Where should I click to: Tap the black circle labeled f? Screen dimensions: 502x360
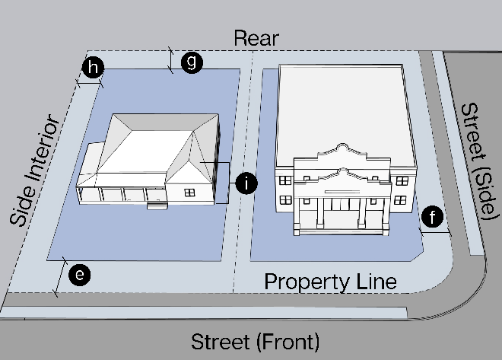pyautogui.click(x=433, y=218)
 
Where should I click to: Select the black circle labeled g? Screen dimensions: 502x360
pyautogui.click(x=192, y=62)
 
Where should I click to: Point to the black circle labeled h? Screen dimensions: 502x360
pyautogui.click(x=93, y=68)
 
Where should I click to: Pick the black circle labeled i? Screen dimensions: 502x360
pyautogui.click(x=246, y=183)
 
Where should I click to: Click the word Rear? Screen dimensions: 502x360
pyautogui.click(x=256, y=38)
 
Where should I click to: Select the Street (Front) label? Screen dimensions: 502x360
pyautogui.click(x=255, y=340)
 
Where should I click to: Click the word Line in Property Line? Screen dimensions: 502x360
pyautogui.click(x=376, y=282)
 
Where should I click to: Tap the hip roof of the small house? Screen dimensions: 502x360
pyautogui.click(x=152, y=145)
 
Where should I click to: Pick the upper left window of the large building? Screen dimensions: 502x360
pyautogui.click(x=285, y=181)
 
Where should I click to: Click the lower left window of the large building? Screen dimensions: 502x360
pyautogui.click(x=286, y=199)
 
